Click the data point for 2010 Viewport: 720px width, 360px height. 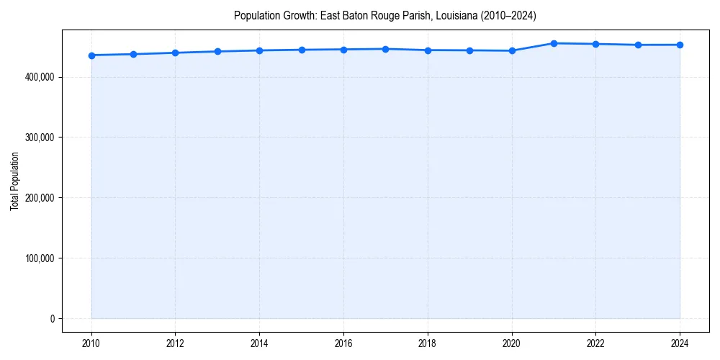(x=91, y=55)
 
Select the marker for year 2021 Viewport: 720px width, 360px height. (x=554, y=43)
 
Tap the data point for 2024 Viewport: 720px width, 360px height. (x=680, y=45)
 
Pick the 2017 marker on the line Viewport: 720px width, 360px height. (x=386, y=49)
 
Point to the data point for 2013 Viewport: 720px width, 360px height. (x=217, y=51)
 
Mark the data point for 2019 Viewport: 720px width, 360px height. (x=469, y=50)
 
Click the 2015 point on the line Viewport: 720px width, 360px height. (x=302, y=50)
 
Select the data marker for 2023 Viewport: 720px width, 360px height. (x=638, y=45)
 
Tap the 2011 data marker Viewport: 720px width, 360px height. (x=133, y=54)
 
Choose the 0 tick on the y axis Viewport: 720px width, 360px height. (x=52, y=319)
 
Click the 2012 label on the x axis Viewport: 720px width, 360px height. (x=175, y=343)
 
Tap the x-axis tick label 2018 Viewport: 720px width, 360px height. (x=428, y=343)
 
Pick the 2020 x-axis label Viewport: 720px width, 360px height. (x=512, y=343)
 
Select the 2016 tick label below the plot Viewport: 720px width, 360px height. (x=343, y=343)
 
